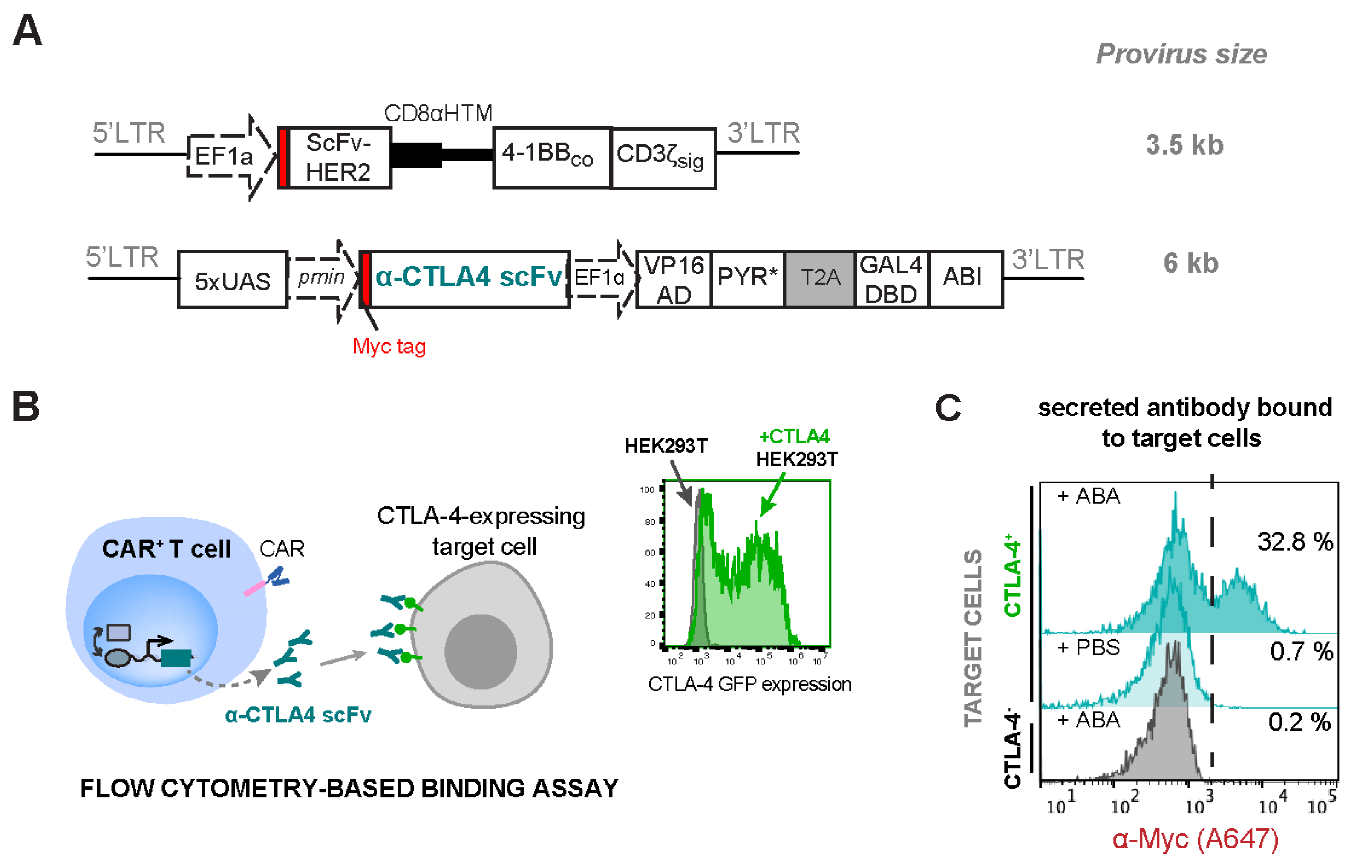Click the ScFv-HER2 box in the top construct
(x=338, y=158)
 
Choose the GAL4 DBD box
(x=891, y=279)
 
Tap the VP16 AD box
(x=674, y=279)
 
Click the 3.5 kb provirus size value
(x=1184, y=145)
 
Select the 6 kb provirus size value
(x=1190, y=263)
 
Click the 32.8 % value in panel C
(x=1294, y=542)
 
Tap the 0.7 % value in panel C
(x=1301, y=652)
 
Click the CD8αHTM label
(x=438, y=114)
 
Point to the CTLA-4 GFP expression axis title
(x=749, y=684)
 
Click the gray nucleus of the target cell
(x=480, y=651)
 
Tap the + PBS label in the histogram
(x=1088, y=648)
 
